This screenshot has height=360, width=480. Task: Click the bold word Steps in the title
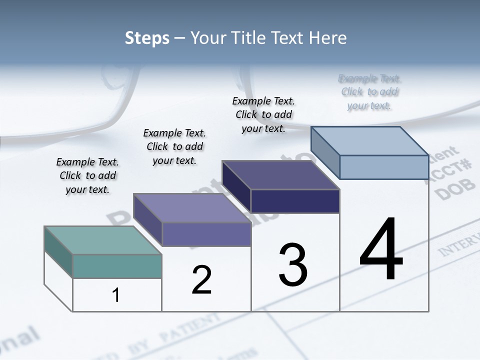pyautogui.click(x=147, y=38)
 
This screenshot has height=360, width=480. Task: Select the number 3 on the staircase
pyautogui.click(x=292, y=265)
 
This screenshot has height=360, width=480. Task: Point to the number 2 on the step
pyautogui.click(x=201, y=280)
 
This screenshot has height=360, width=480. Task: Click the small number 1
pyautogui.click(x=116, y=295)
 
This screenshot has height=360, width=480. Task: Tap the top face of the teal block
pyautogui.click(x=102, y=240)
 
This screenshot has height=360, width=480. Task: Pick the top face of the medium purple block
pyautogui.click(x=192, y=208)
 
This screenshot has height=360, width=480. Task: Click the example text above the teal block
pyautogui.click(x=87, y=175)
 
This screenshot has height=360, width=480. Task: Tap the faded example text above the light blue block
pyautogui.click(x=369, y=92)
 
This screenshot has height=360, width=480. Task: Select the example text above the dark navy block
pyautogui.click(x=263, y=114)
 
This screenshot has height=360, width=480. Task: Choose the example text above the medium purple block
pyautogui.click(x=174, y=146)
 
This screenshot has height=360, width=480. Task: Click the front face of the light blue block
pyautogui.click(x=384, y=167)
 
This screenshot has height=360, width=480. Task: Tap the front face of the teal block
pyautogui.click(x=117, y=266)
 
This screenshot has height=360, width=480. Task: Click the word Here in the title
pyautogui.click(x=329, y=38)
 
